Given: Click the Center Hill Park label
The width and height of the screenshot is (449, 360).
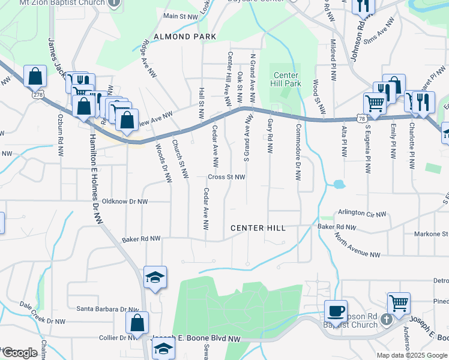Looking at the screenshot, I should (x=286, y=79).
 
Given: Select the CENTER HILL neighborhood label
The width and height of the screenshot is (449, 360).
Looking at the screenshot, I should (x=258, y=229).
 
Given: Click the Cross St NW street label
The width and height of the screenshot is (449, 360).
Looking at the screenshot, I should (x=227, y=177).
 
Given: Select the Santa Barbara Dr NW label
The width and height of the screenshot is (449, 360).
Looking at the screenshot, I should (x=107, y=310).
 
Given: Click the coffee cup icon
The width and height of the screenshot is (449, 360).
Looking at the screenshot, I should (x=336, y=311).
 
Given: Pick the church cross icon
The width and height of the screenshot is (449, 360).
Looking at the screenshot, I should (x=386, y=318).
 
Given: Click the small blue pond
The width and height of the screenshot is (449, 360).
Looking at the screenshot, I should (x=338, y=184).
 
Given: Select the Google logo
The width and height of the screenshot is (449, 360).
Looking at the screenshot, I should (x=19, y=353).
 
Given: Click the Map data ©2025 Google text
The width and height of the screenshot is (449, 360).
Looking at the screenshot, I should (x=411, y=355).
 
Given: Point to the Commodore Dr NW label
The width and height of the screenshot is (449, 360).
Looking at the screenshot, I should (x=298, y=153).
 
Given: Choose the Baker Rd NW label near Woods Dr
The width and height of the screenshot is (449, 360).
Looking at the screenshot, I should (x=141, y=239).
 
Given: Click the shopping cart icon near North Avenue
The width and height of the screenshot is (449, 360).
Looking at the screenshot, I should (x=398, y=302).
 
